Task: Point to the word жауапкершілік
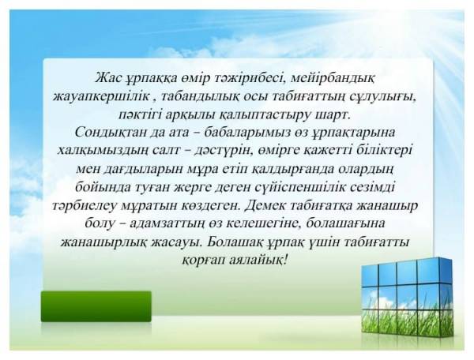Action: [102, 97]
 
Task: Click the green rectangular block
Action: [96, 306]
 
